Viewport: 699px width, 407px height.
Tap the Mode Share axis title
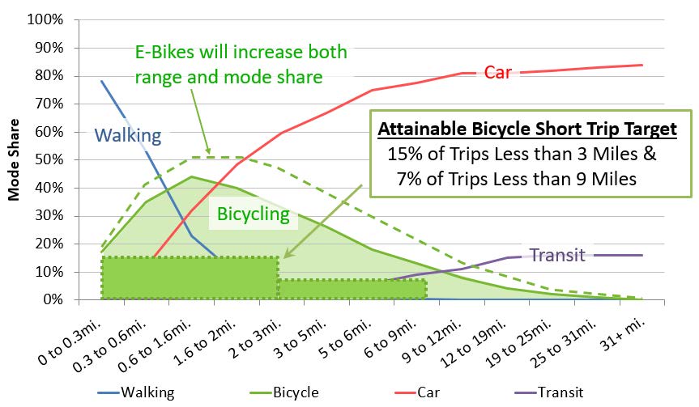coord(14,159)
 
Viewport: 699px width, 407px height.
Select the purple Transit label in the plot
coord(556,256)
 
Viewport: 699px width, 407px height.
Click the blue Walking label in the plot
coord(128,135)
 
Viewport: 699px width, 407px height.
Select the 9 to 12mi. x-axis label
coord(426,333)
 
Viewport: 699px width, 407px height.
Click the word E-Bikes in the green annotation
coord(160,53)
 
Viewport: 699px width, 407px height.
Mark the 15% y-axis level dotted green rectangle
coord(190,278)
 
